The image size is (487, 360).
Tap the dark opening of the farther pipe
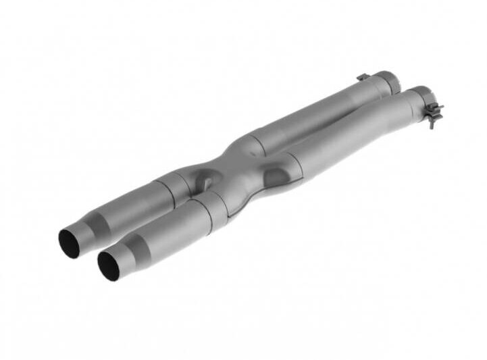(69, 243)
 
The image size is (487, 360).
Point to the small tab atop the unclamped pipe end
(363, 78)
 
